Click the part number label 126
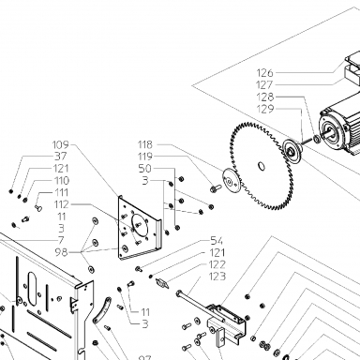264,73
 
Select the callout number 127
264,84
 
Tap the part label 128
265,97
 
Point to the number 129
265,109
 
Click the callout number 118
145,144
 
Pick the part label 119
145,157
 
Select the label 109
60,144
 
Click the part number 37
61,157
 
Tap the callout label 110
62,181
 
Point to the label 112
61,204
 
